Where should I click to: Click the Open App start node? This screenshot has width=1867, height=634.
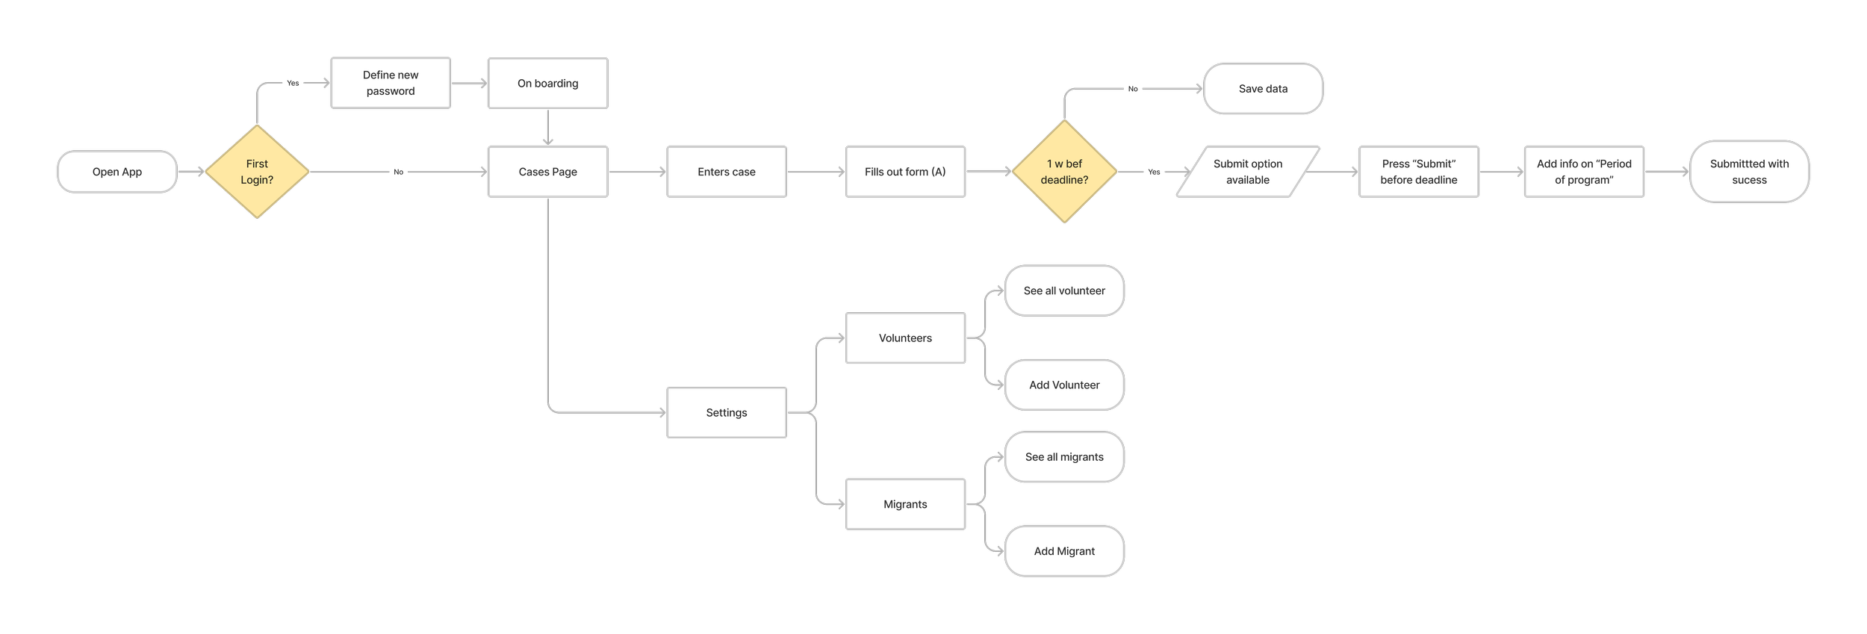[117, 172]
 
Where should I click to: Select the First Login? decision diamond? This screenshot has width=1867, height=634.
[257, 172]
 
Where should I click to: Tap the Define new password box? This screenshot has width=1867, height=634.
[391, 83]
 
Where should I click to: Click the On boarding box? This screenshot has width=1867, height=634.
[547, 83]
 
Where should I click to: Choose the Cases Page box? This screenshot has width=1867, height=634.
[547, 172]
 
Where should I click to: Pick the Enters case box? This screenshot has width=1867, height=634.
[726, 172]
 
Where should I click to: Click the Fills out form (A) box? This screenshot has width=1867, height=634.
[905, 172]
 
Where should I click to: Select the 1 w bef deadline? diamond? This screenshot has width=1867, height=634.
[1064, 172]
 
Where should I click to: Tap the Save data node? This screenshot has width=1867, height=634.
[1263, 89]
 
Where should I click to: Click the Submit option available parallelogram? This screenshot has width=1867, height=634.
[1247, 172]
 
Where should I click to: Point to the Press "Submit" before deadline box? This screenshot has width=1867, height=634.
[1418, 172]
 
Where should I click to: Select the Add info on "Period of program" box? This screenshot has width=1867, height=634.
[1584, 172]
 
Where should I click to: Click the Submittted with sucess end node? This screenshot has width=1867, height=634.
[1749, 172]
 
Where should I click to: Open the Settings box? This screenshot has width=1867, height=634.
[726, 412]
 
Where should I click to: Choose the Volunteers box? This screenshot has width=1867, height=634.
[905, 338]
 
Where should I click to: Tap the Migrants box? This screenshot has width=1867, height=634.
[905, 504]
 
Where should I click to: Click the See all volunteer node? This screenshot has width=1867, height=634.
[1064, 290]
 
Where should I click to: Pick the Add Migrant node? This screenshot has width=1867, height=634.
[1064, 551]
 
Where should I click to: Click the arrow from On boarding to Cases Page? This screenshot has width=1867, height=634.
[547, 127]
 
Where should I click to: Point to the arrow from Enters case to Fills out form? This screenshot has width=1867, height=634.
[816, 172]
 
